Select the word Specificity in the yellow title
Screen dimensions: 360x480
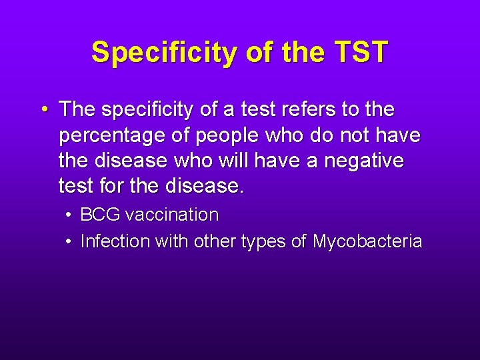(x=163, y=53)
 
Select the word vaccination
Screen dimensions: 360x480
(x=172, y=215)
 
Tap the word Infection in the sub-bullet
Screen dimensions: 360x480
(x=115, y=241)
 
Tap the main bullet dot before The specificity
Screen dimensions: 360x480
(x=44, y=108)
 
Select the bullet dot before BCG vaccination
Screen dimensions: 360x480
(x=70, y=215)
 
